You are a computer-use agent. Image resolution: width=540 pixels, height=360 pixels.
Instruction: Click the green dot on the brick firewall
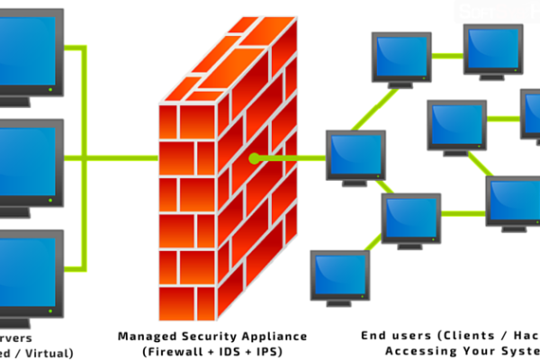point(256,158)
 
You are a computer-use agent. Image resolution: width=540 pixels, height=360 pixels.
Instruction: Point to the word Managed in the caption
point(146,336)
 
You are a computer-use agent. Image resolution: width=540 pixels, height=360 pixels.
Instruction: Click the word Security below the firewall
point(206,336)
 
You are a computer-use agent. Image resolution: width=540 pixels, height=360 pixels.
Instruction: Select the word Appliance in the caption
point(268,336)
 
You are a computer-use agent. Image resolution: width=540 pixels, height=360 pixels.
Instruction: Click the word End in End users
point(373,336)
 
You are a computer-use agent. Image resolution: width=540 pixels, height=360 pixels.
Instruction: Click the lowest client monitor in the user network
point(338,274)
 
